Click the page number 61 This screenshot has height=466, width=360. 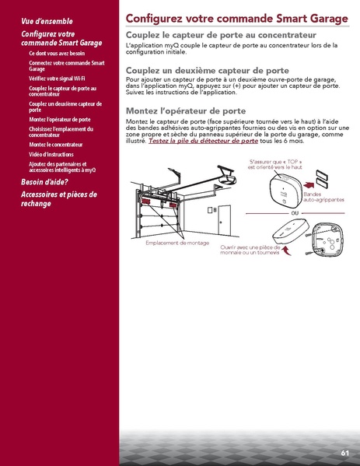point(344,452)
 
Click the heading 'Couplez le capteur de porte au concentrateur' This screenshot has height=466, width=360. point(221,36)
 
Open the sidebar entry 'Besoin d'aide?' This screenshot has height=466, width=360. point(46,182)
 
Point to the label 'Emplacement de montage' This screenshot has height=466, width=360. point(177,242)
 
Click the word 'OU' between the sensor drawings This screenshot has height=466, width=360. point(295,212)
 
